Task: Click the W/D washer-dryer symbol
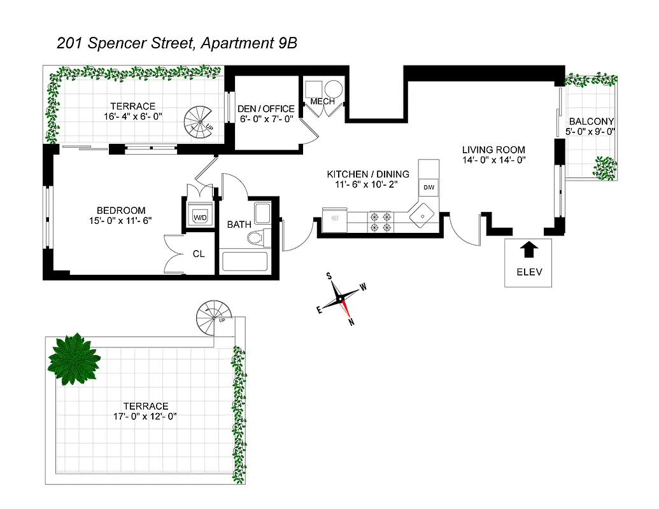click(201, 216)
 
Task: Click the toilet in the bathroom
click(256, 238)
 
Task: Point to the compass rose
click(342, 297)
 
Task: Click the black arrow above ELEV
click(528, 249)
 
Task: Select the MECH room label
click(323, 102)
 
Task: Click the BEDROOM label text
click(121, 211)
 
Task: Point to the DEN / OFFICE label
click(266, 109)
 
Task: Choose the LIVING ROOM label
click(493, 150)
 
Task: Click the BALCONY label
click(592, 122)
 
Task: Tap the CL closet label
click(199, 254)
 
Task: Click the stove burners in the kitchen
click(380, 221)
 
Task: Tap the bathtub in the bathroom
click(244, 262)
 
